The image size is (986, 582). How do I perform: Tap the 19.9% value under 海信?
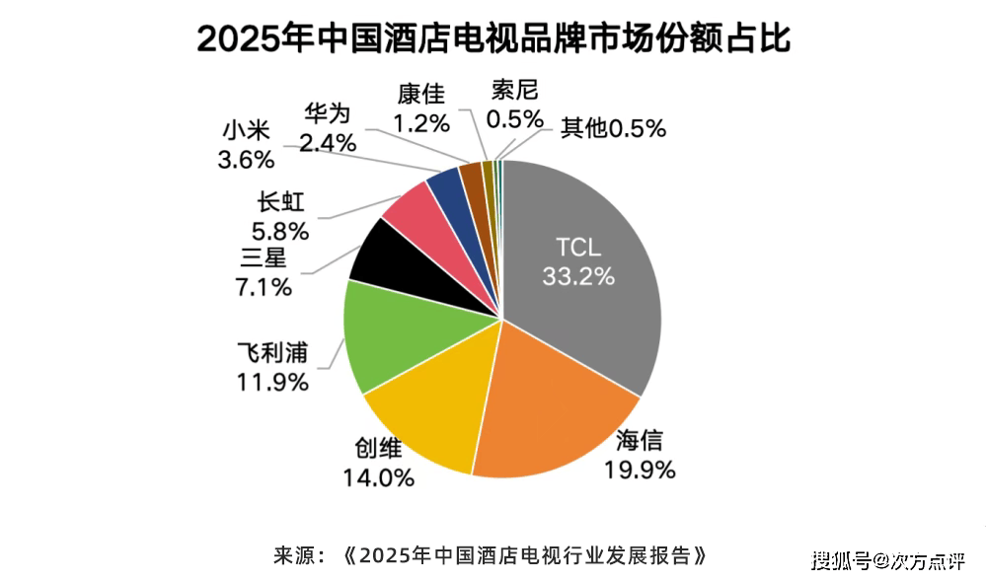[640, 469]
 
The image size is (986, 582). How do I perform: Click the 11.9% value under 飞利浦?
[272, 381]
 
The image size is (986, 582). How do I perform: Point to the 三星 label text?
[265, 259]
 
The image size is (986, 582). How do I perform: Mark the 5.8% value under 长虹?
[281, 232]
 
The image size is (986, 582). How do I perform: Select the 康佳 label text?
[421, 94]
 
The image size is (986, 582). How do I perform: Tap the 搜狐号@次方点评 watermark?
[887, 560]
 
